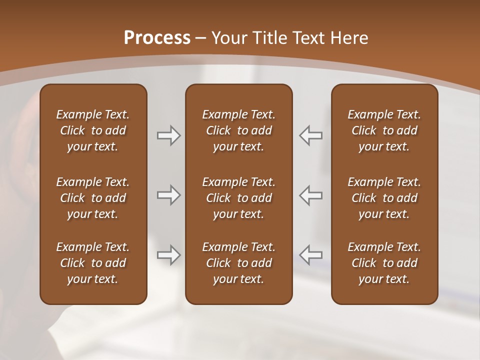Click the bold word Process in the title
(x=157, y=38)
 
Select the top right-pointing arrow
(x=169, y=135)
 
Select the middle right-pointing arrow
(x=169, y=195)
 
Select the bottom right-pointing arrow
(x=169, y=255)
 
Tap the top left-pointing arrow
(x=311, y=135)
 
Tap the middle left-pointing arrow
(x=311, y=195)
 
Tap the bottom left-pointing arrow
(x=311, y=255)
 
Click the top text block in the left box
(x=93, y=130)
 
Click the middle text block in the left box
(x=93, y=198)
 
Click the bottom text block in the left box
(x=93, y=263)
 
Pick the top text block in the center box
(x=238, y=130)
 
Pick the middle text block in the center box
(x=238, y=198)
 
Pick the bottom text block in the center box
(x=238, y=263)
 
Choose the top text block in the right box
(x=384, y=130)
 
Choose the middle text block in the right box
(x=384, y=198)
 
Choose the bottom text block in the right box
(x=384, y=263)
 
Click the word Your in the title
(x=229, y=38)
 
